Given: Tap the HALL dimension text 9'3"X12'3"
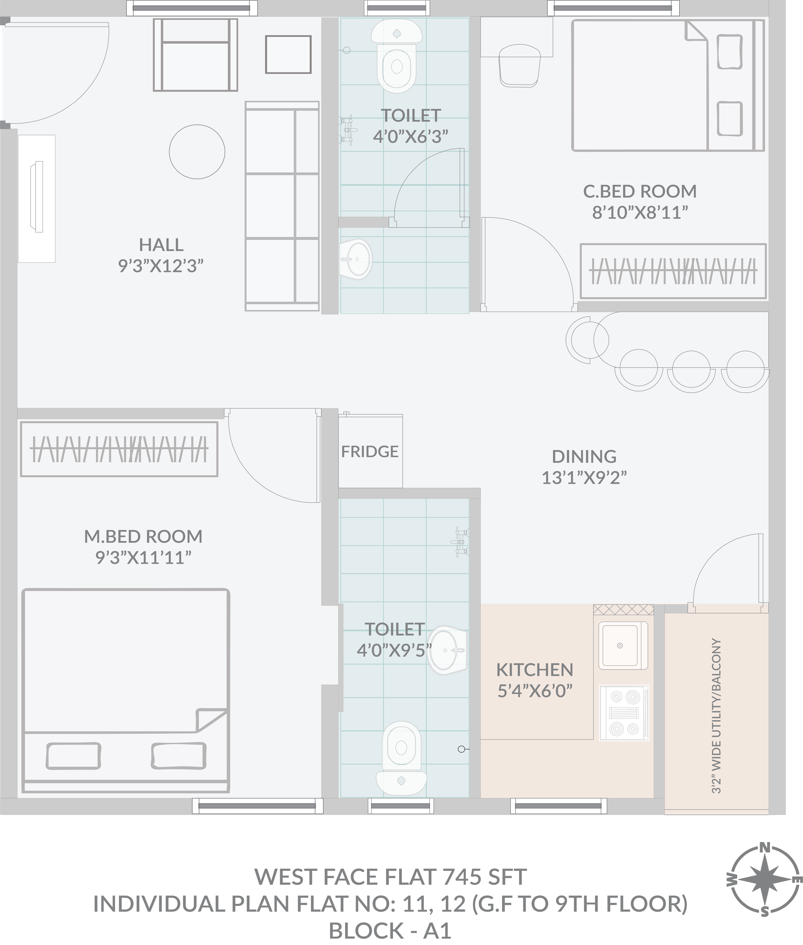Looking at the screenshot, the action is click(161, 266).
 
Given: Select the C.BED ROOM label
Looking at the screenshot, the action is click(640, 191).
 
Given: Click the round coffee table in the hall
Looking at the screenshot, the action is click(197, 152).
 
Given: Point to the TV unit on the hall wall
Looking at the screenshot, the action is click(36, 199).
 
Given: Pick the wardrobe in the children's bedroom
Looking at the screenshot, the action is click(673, 271).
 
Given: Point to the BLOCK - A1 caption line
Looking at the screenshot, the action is click(390, 931).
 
